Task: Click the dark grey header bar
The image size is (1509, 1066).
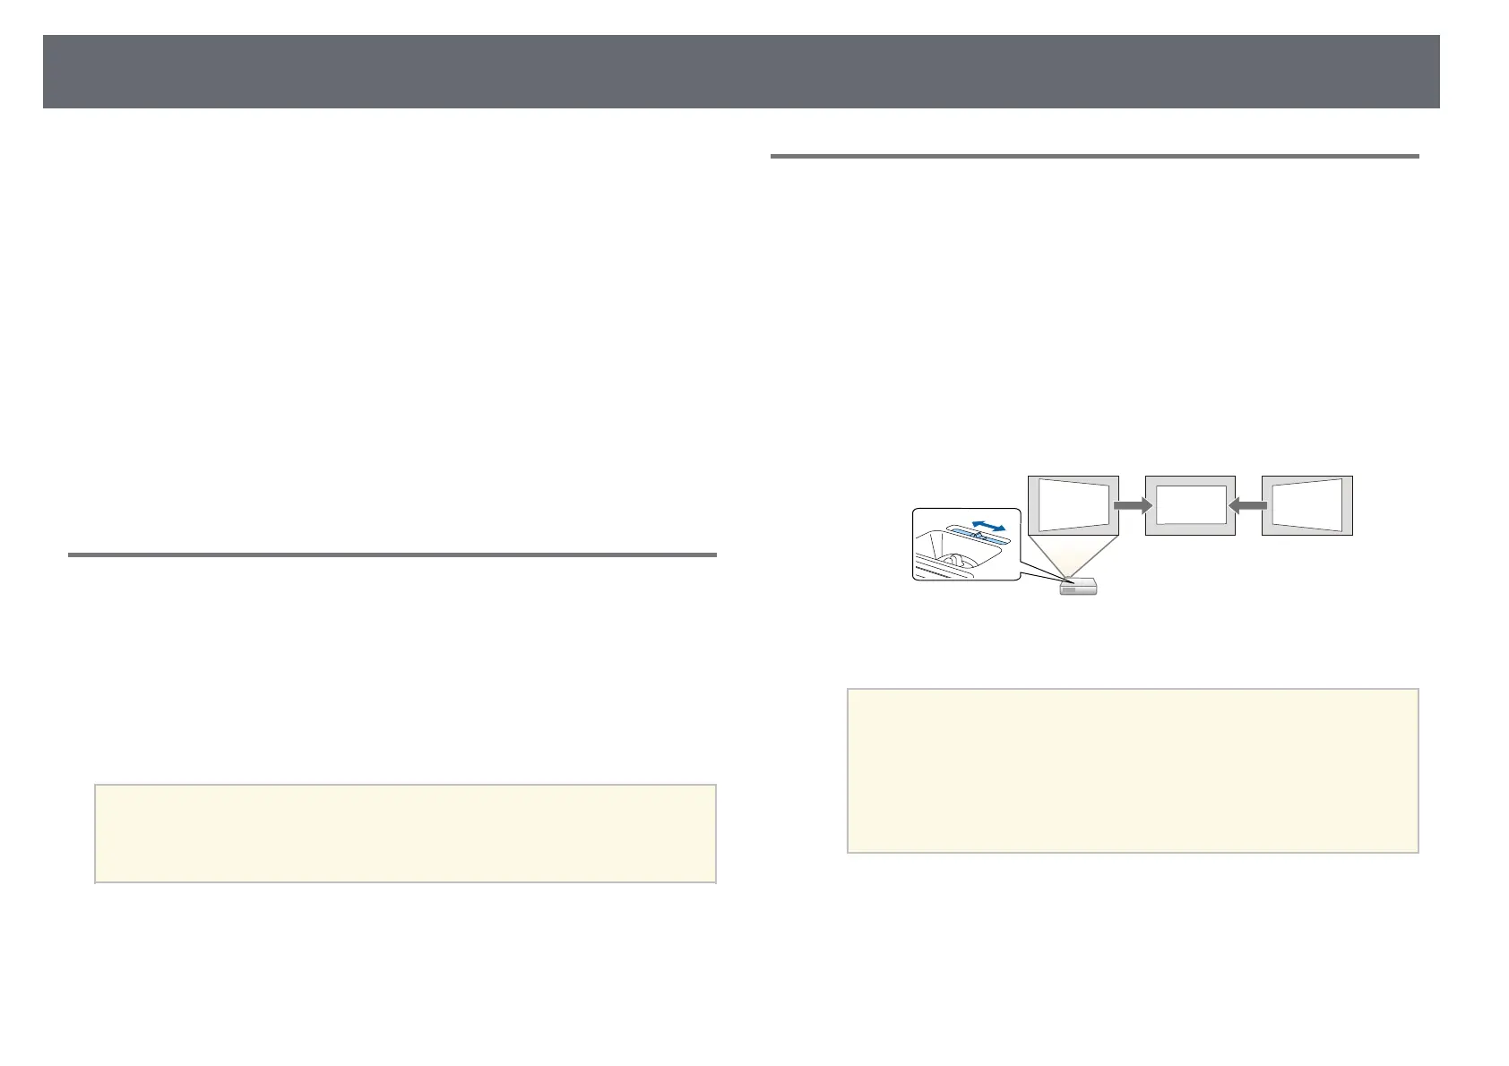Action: click(x=741, y=72)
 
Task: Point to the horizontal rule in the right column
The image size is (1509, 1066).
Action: click(x=1094, y=157)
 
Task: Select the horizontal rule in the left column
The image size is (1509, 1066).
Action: click(x=392, y=555)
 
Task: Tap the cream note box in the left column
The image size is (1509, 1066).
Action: click(x=405, y=833)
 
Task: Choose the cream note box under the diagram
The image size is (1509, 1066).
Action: click(x=1133, y=770)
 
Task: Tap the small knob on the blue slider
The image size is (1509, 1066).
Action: click(x=979, y=534)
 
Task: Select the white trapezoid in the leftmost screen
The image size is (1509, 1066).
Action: click(x=1074, y=506)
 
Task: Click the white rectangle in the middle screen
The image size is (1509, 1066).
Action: click(x=1190, y=505)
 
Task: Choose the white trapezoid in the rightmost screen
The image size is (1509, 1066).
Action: click(x=1306, y=505)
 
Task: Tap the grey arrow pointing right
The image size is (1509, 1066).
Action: click(x=1133, y=506)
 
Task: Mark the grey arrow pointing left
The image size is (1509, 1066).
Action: click(x=1248, y=506)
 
